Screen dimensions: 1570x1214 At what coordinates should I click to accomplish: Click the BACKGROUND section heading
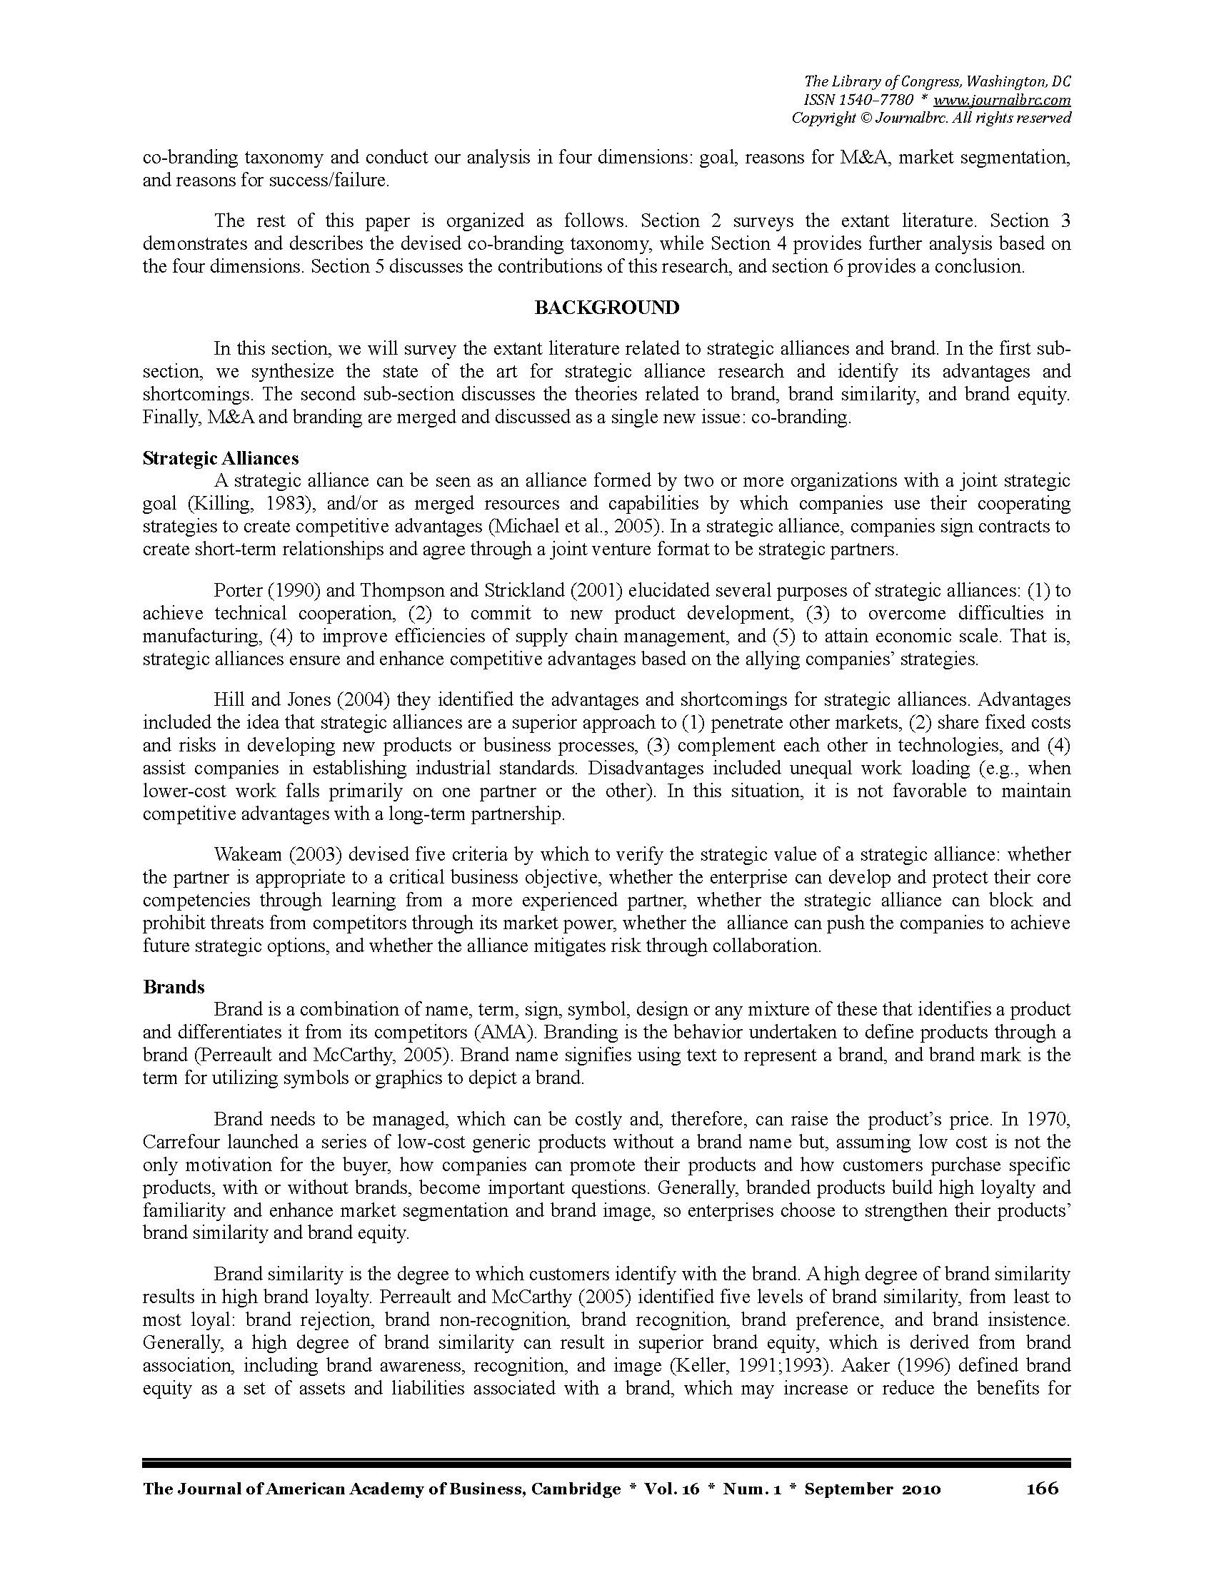pos(606,308)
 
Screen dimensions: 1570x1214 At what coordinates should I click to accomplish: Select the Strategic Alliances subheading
pos(221,458)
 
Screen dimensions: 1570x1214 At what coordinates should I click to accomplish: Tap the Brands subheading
pos(174,987)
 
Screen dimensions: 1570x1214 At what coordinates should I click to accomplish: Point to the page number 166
pos(1042,1488)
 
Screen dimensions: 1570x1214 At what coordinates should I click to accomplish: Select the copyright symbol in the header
pos(864,118)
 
